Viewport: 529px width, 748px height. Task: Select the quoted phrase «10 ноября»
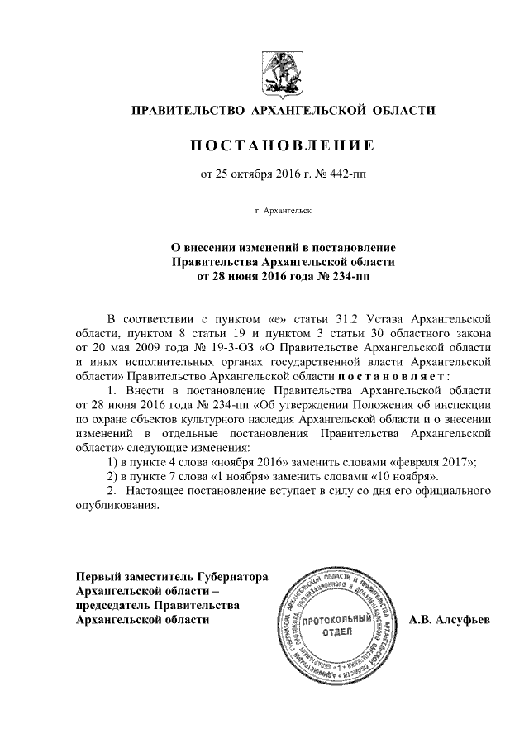click(x=389, y=477)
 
